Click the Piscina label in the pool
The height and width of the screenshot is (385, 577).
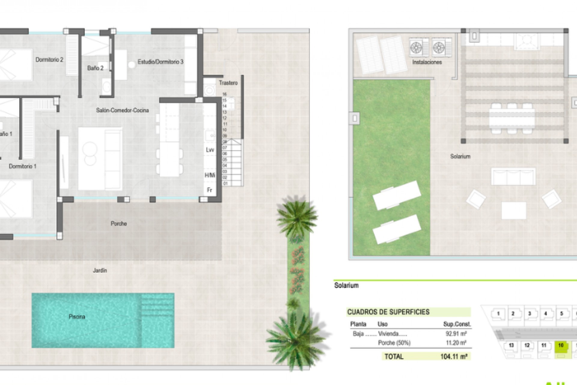[77, 317]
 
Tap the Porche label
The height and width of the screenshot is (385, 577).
[119, 223]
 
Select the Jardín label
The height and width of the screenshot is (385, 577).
[100, 270]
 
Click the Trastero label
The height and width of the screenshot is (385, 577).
[228, 83]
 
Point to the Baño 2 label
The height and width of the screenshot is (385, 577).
[95, 68]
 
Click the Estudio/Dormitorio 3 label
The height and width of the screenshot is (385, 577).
[160, 62]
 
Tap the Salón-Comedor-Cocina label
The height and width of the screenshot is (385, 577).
[122, 110]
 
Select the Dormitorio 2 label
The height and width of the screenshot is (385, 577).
[49, 60]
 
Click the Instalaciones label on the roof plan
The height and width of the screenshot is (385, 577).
[427, 62]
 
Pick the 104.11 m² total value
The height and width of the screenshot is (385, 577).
[453, 357]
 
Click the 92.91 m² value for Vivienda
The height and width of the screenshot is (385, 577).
[456, 334]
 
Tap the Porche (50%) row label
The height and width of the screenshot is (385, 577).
[394, 343]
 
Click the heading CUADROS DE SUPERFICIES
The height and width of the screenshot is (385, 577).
[388, 312]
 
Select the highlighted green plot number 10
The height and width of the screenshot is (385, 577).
[560, 345]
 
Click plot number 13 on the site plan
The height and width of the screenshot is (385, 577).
[511, 345]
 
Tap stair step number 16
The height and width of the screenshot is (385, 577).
[224, 94]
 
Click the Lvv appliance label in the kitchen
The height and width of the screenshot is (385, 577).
[210, 150]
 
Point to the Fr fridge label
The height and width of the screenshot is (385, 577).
[209, 190]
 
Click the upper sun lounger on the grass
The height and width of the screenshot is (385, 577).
[396, 195]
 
